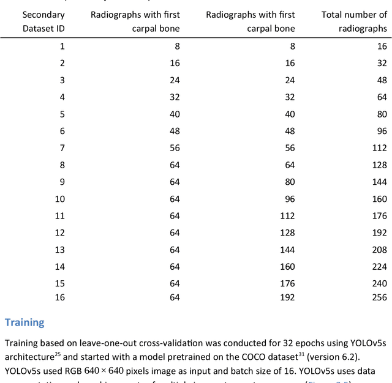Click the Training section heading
click(24, 322)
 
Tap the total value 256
click(379, 297)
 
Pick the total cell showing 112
click(379, 147)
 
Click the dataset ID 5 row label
click(62, 113)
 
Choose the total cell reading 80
click(381, 113)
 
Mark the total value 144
click(379, 182)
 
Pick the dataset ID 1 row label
click(62, 45)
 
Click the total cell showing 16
click(381, 45)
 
